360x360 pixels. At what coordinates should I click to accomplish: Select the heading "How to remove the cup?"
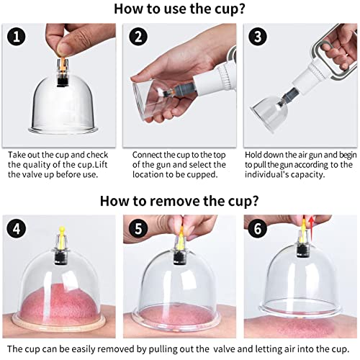179,201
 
